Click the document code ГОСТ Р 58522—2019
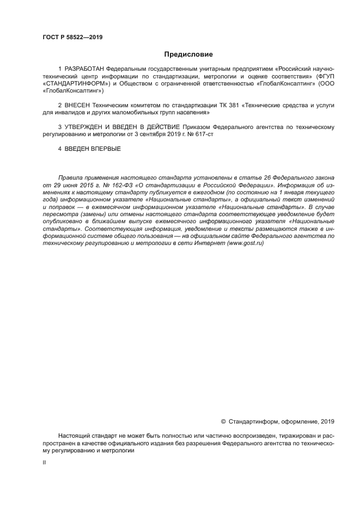(72, 38)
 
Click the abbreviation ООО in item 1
(326, 84)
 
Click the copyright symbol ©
(223, 421)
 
